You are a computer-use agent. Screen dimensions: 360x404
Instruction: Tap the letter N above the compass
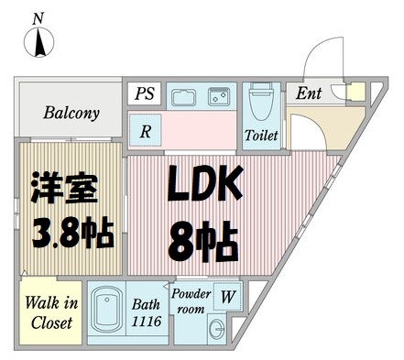point(38,17)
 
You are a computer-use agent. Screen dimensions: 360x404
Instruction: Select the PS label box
point(146,93)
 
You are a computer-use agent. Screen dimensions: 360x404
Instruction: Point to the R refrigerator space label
point(146,131)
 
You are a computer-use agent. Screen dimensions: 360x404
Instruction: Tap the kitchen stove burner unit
point(219,95)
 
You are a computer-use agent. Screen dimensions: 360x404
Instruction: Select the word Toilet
point(260,135)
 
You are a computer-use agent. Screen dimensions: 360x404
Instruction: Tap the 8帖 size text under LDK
point(203,240)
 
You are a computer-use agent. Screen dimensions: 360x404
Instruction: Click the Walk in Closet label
point(51,311)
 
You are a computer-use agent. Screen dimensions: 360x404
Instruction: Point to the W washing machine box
point(225,296)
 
